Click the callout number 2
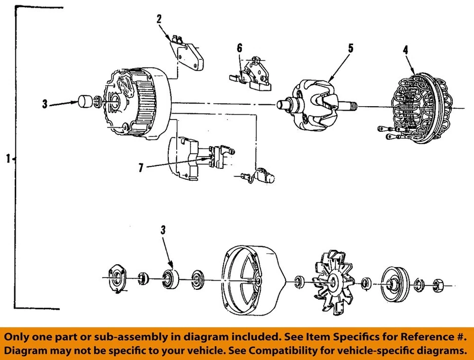(x=159, y=19)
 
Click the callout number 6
(x=239, y=48)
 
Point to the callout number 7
(x=141, y=168)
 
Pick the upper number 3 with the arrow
(x=45, y=104)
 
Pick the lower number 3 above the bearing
(x=163, y=230)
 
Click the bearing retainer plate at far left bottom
(x=118, y=279)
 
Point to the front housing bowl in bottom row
(x=252, y=282)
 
